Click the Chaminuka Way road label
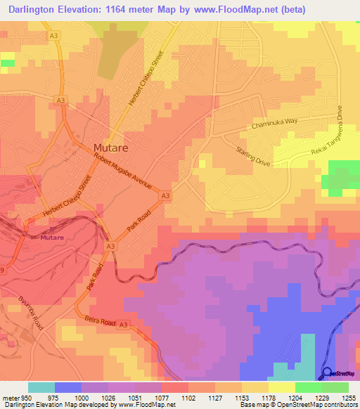[275, 124]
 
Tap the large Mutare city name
[110, 148]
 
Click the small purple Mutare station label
[51, 238]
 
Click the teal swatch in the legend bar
[41, 387]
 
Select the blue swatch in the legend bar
[68, 387]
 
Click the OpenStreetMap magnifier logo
[327, 373]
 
